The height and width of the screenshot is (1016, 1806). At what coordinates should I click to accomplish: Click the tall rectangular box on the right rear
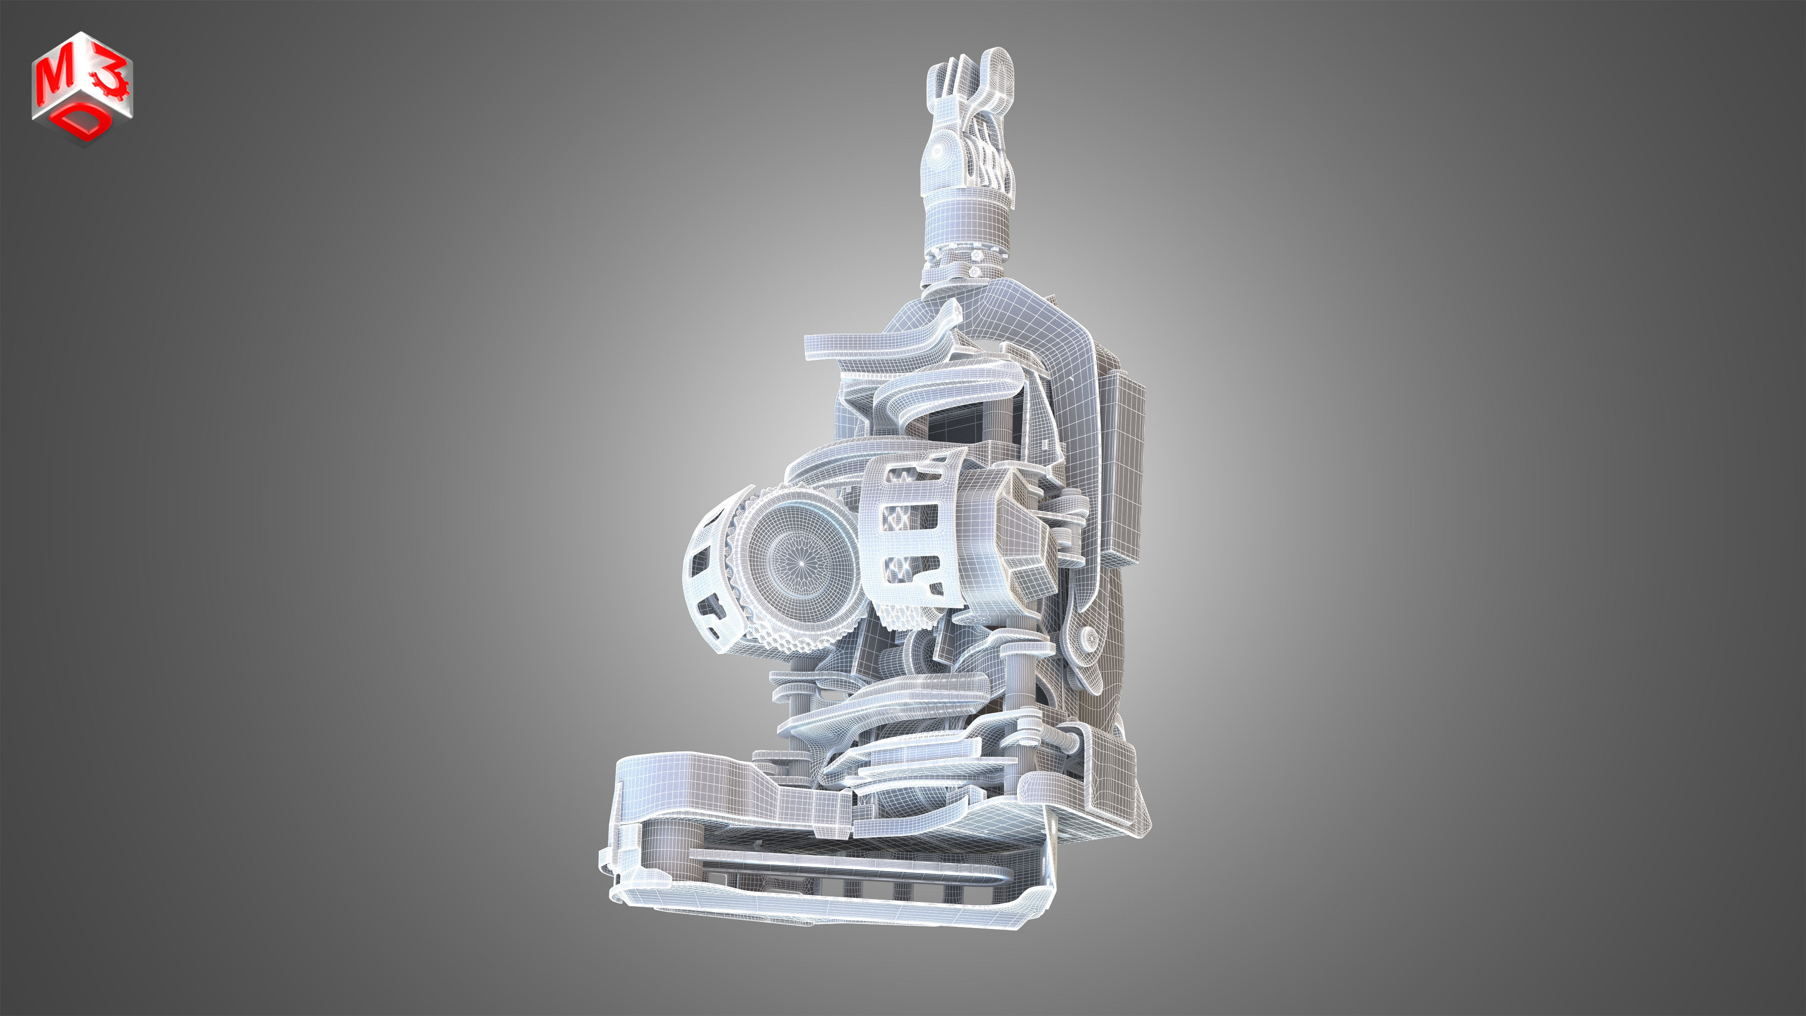[x=1122, y=470]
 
